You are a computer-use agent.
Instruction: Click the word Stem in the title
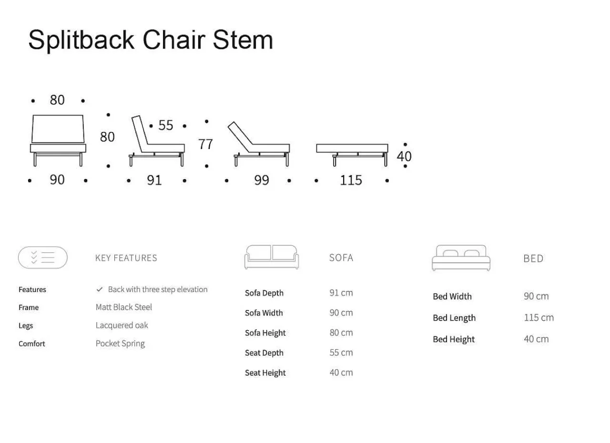click(x=243, y=40)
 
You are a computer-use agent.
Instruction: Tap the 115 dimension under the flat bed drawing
click(x=351, y=180)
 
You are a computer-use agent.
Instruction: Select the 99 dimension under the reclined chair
click(x=262, y=180)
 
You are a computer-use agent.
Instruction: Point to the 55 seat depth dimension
click(x=165, y=125)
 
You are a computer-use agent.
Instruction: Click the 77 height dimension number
click(x=205, y=144)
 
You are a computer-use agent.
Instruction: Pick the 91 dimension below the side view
click(x=154, y=180)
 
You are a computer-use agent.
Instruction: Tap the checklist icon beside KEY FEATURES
click(x=43, y=257)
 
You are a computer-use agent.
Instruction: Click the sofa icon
click(x=272, y=257)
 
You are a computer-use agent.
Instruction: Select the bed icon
click(x=461, y=258)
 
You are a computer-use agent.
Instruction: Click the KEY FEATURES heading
click(x=126, y=258)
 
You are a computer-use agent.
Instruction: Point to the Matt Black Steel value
click(x=123, y=307)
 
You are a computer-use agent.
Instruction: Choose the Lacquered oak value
click(x=122, y=325)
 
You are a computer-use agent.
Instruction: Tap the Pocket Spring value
click(x=120, y=343)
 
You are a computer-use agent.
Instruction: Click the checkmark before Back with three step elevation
click(x=100, y=289)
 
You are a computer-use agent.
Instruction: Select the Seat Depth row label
click(x=264, y=353)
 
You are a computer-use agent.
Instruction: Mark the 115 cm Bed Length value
click(x=539, y=318)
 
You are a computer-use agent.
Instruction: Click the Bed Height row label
click(x=454, y=339)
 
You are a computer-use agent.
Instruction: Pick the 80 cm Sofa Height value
click(x=341, y=332)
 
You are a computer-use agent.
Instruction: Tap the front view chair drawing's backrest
click(x=58, y=129)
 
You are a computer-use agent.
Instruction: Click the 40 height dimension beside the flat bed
click(x=404, y=156)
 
